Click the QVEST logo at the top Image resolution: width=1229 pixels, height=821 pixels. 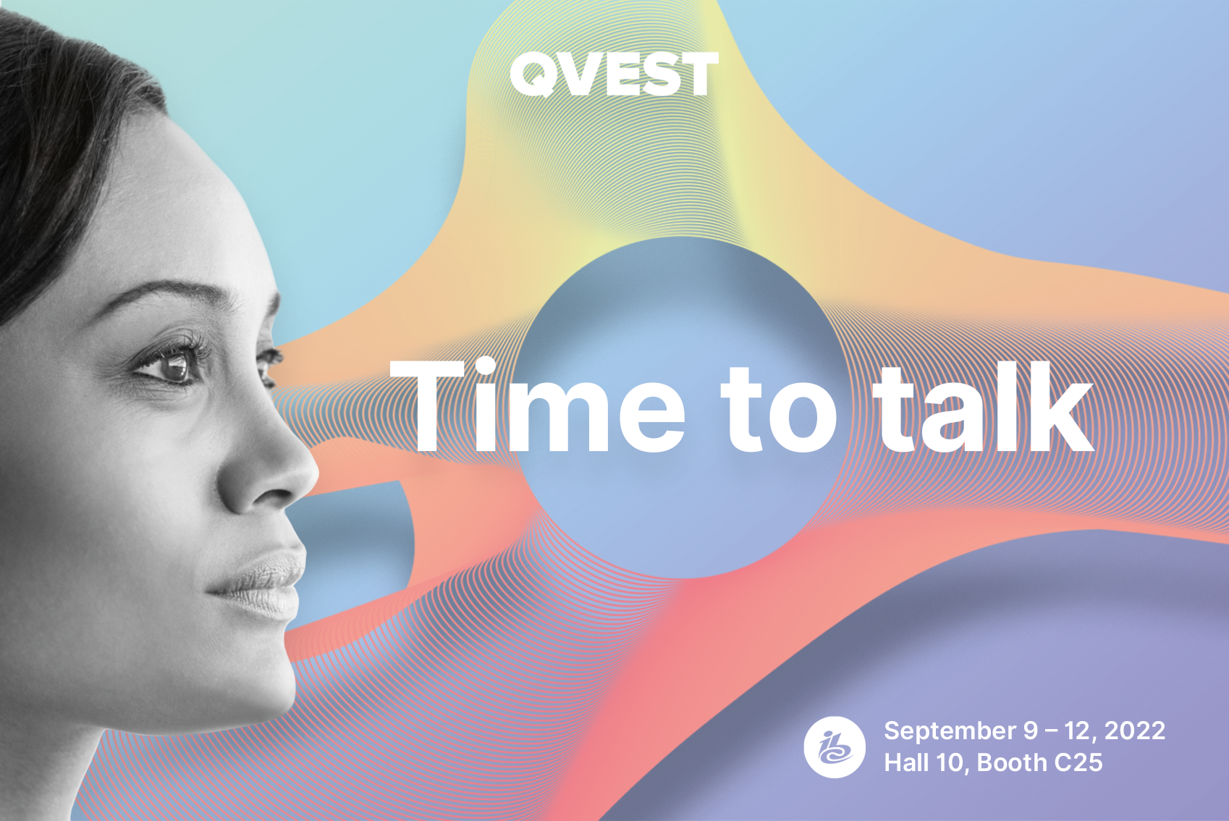(x=614, y=74)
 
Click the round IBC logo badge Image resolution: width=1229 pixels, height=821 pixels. (x=835, y=747)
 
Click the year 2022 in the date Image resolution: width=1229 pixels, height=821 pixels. (x=1135, y=731)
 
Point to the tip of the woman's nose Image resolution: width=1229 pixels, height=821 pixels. (x=313, y=472)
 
